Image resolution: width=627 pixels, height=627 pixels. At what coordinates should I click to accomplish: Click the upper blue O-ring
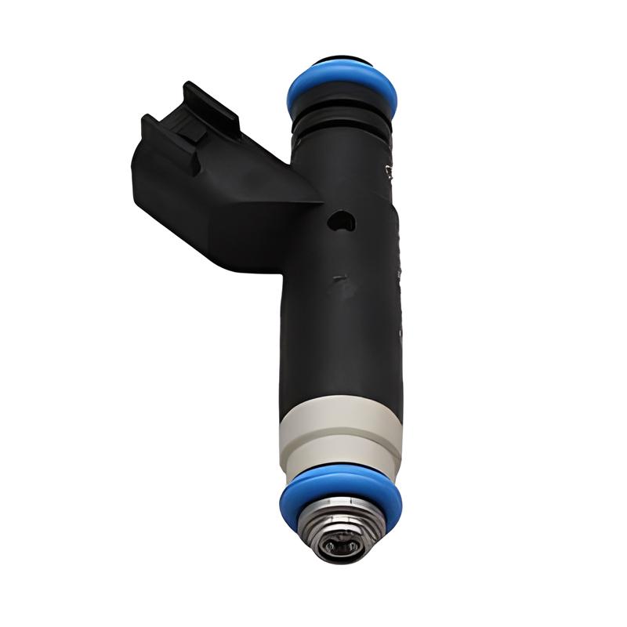point(342,89)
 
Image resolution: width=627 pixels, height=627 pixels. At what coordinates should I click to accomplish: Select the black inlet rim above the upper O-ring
point(342,63)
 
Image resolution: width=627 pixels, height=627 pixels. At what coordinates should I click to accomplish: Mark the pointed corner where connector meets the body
point(318,202)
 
